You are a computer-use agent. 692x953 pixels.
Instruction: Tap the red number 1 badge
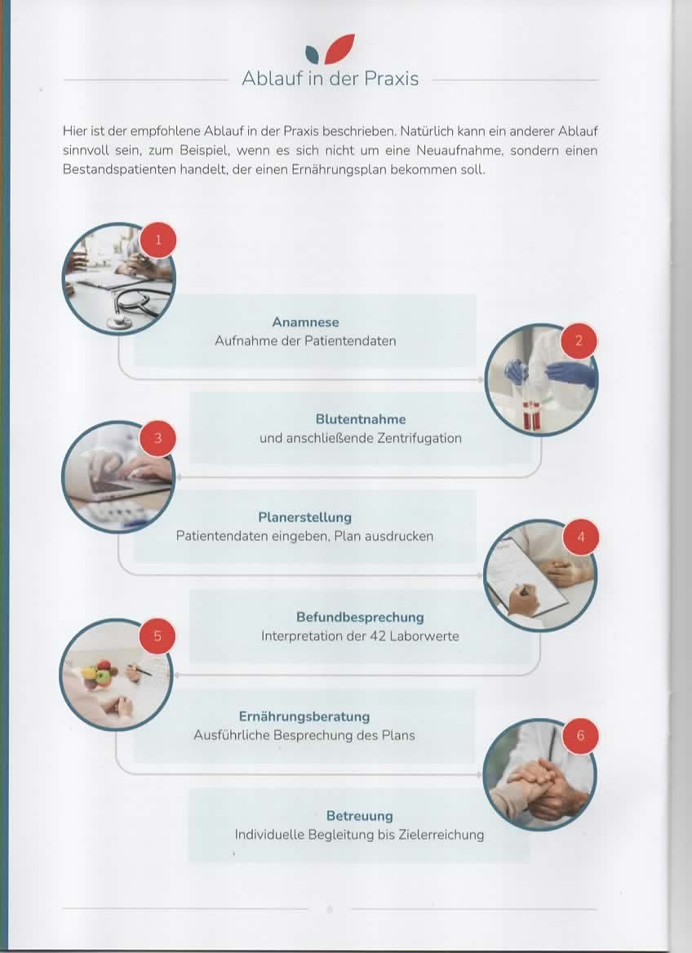[158, 240]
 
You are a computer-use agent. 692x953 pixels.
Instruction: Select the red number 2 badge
[579, 341]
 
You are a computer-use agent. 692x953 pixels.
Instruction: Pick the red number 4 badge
[580, 537]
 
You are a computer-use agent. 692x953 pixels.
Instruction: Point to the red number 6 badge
[580, 735]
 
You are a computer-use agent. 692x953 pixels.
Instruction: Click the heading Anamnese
[305, 322]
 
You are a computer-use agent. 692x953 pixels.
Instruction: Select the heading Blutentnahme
[360, 419]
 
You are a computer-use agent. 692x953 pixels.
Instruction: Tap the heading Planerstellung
[304, 517]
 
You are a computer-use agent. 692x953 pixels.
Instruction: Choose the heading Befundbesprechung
[360, 618]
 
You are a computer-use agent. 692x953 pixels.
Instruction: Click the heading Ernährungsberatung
[304, 716]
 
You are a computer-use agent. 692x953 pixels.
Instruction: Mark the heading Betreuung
[359, 816]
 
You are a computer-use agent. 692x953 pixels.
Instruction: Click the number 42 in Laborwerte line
[377, 636]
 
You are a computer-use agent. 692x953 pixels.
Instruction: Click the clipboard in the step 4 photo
[527, 576]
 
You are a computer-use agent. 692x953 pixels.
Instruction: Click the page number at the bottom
[329, 909]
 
